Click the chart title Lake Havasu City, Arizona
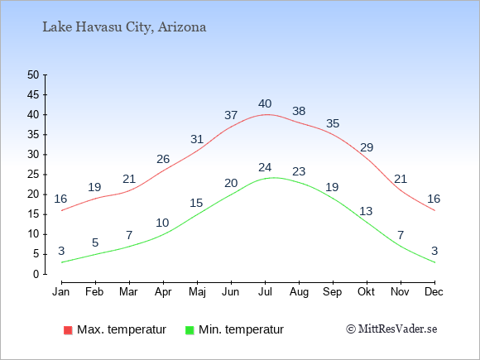tap(124, 27)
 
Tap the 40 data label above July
tap(265, 103)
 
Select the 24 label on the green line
tap(265, 167)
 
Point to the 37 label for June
tap(231, 115)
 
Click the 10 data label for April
tap(162, 223)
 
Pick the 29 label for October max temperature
tap(367, 147)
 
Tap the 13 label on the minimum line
tap(366, 211)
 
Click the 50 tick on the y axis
tap(33, 74)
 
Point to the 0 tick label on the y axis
tap(36, 274)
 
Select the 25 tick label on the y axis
tap(33, 175)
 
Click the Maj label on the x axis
tap(197, 292)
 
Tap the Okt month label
tap(366, 291)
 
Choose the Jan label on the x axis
tap(61, 291)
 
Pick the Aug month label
tap(299, 292)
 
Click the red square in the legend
tap(68, 330)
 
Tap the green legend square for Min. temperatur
tap(190, 330)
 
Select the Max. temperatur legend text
tap(122, 329)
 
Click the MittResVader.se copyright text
tap(391, 329)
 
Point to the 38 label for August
tap(299, 111)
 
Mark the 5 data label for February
tap(95, 242)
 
